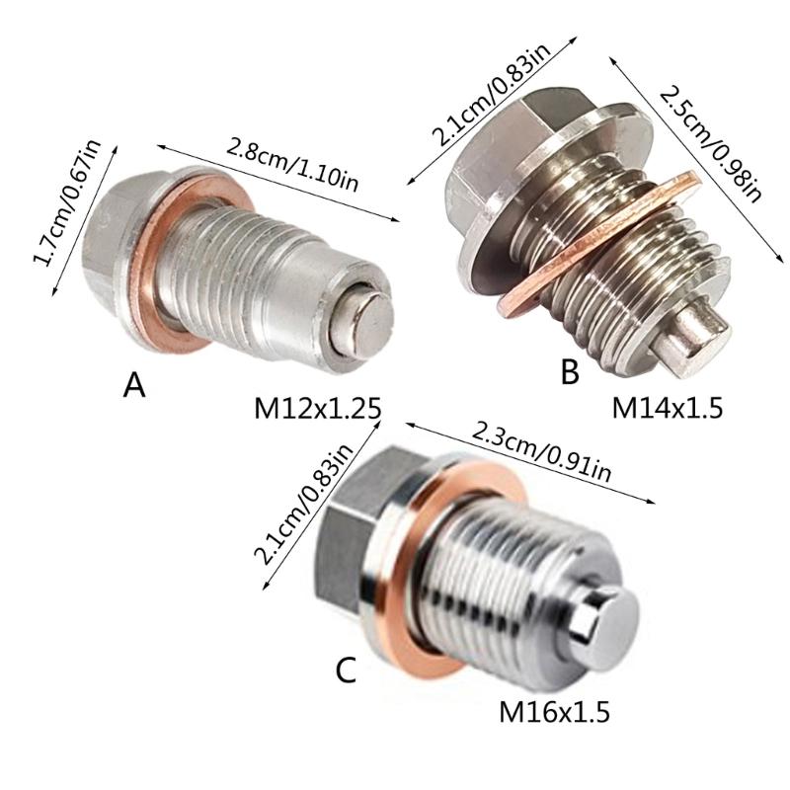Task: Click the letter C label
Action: click(345, 671)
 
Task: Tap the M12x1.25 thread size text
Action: click(317, 407)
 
